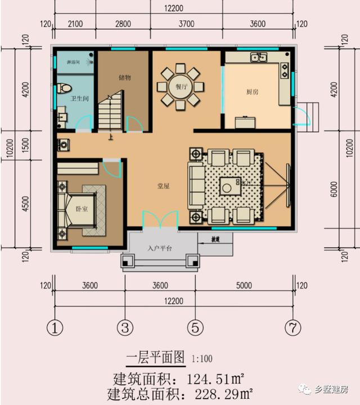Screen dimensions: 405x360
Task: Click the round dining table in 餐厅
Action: pos(178,87)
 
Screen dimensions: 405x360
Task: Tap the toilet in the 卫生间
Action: pos(64,88)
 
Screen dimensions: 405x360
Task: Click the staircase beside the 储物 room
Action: pos(111,112)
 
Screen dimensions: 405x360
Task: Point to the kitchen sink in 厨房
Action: pos(259,57)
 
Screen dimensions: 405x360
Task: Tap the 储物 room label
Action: pos(125,77)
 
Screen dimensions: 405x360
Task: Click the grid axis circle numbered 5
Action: pos(195,327)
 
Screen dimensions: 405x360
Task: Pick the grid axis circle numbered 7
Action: pos(292,327)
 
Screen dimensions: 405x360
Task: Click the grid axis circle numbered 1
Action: pos(55,327)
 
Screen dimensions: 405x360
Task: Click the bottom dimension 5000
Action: pos(244,285)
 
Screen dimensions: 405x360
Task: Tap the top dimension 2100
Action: pos(75,24)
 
